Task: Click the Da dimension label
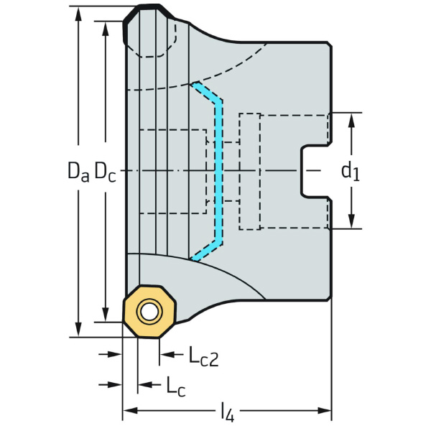point(78,171)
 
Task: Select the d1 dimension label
point(350,171)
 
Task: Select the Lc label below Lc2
point(175,386)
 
